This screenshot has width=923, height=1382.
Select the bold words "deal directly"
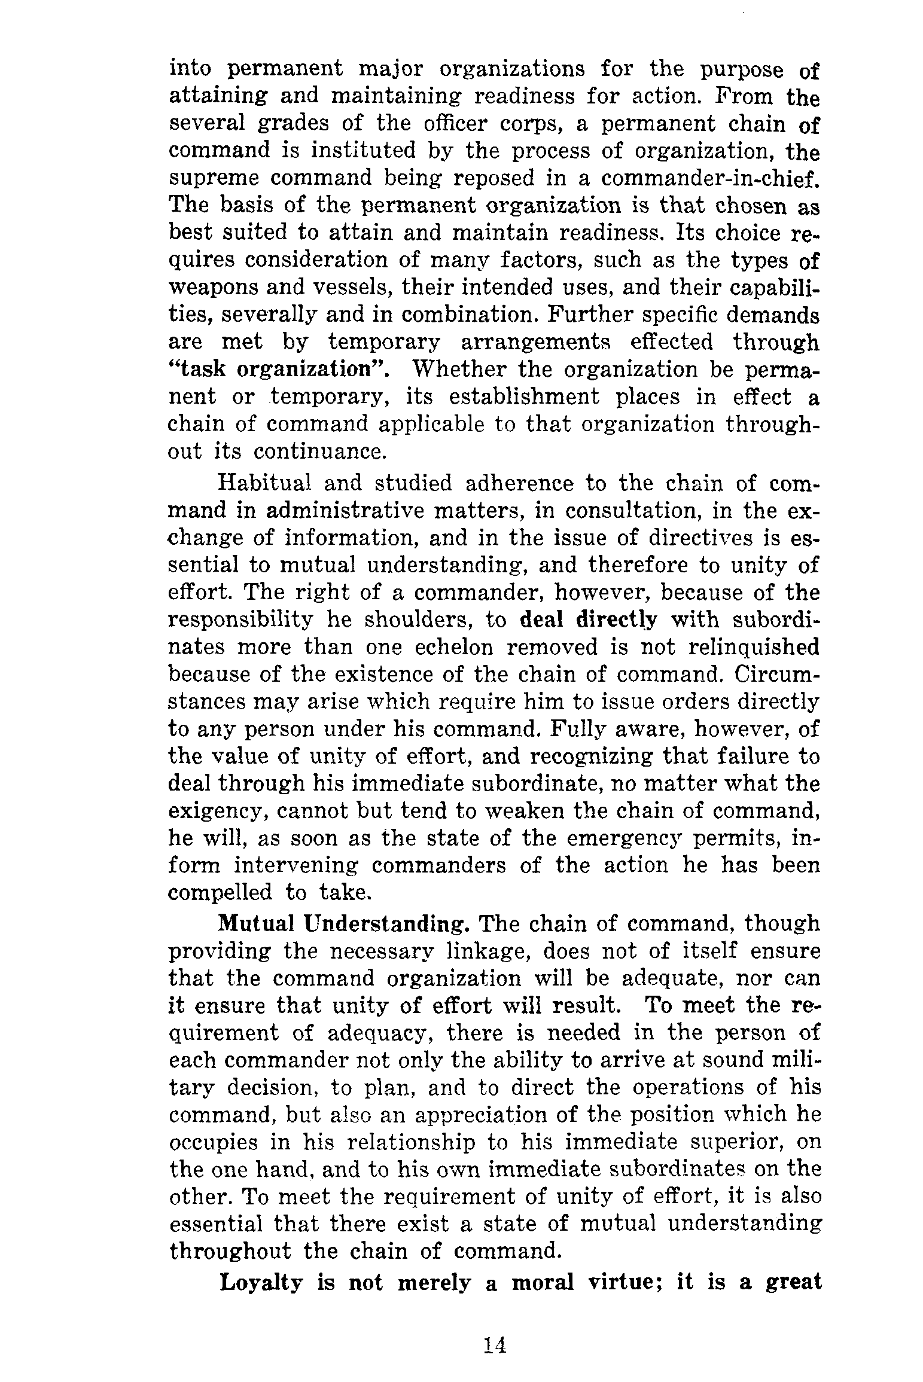tap(588, 620)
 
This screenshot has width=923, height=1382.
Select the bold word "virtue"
tap(626, 1282)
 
